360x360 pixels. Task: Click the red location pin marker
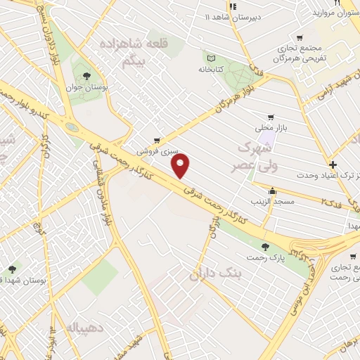point(181,166)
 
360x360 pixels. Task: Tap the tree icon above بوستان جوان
point(87,75)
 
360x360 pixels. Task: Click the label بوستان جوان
point(86,89)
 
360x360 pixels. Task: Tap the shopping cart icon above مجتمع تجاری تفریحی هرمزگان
point(300,38)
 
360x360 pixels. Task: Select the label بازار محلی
point(270,130)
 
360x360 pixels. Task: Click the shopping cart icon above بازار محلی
point(270,117)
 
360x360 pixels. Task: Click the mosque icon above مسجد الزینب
point(272,190)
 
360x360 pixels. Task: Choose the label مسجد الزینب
point(273,202)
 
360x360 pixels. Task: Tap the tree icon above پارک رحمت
point(265,246)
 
